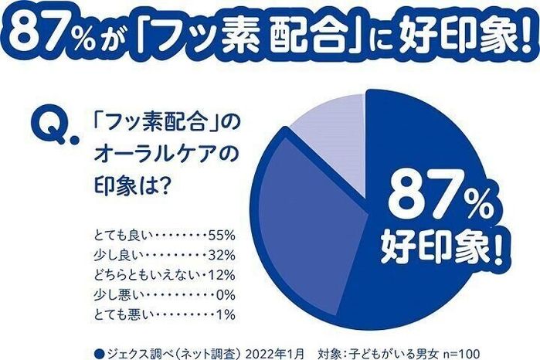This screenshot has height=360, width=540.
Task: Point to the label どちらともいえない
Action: pyautogui.click(x=143, y=273)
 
